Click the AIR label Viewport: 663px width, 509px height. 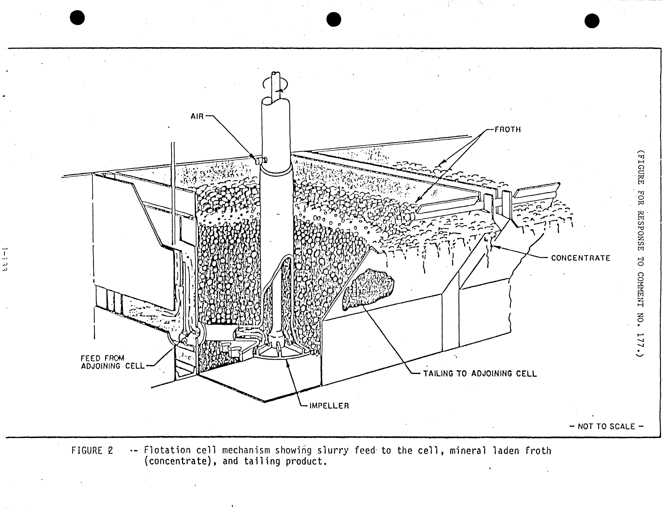coord(197,116)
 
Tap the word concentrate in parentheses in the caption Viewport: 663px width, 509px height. coord(182,461)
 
